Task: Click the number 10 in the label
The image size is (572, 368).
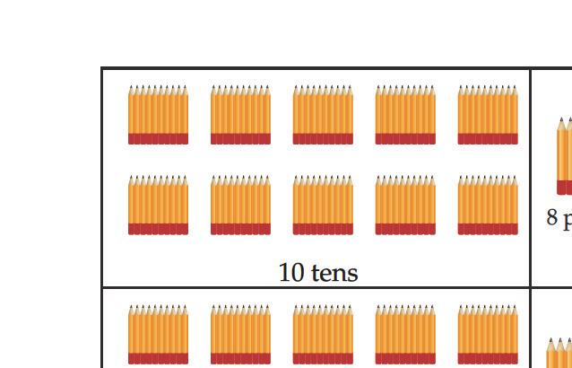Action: tap(291, 273)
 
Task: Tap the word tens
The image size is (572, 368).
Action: tap(333, 273)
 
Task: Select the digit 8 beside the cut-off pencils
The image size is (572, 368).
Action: tap(552, 217)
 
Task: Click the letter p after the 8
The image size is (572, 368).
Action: tap(567, 219)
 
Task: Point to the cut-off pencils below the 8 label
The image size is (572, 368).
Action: tap(559, 352)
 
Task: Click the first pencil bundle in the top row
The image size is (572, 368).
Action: tap(158, 115)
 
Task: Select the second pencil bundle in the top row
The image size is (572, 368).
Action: tap(240, 115)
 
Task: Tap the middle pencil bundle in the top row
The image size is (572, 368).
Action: tap(323, 115)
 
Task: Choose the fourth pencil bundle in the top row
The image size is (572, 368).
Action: tap(405, 115)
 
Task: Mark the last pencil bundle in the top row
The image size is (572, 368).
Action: tap(488, 115)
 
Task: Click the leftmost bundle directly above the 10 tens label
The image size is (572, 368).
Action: tap(158, 205)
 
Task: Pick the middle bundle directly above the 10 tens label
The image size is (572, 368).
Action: tap(323, 205)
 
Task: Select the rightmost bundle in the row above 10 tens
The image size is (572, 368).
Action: tap(488, 205)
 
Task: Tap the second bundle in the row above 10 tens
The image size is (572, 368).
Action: tap(240, 205)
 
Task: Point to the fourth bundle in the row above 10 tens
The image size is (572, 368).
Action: tap(405, 205)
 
